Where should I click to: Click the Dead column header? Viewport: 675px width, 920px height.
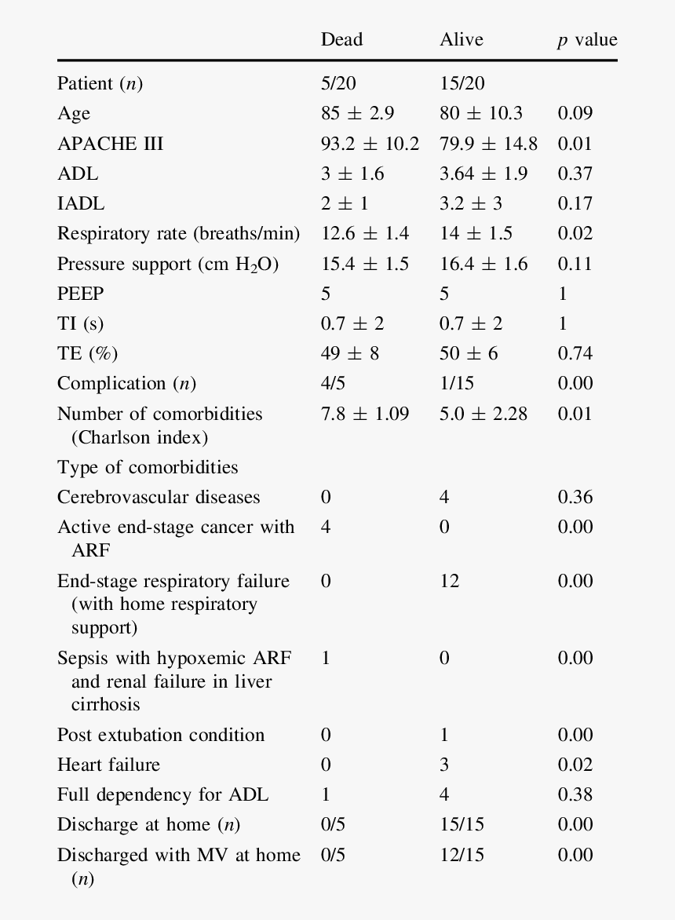341,40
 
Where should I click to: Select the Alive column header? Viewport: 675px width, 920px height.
462,40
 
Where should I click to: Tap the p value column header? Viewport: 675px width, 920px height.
587,40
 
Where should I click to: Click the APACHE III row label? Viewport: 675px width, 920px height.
110,144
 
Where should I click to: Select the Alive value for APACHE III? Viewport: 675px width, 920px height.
488,144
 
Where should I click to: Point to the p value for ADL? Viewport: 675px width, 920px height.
575,173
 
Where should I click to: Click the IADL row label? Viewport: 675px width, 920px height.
80,203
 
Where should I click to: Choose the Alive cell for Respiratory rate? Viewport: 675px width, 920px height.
476,233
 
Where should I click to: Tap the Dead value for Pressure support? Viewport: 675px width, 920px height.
364,264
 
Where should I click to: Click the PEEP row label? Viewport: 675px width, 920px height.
80,294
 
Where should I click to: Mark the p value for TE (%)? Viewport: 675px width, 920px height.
575,353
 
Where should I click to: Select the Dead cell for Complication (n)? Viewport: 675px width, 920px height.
333,383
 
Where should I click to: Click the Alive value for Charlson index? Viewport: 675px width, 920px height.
483,414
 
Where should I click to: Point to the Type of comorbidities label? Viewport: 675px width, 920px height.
147,467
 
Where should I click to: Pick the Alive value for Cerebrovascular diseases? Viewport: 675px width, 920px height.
444,497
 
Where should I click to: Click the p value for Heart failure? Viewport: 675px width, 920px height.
575,765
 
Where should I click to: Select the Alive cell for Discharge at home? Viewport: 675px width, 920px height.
462,824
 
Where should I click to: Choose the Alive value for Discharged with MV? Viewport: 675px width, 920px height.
462,855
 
